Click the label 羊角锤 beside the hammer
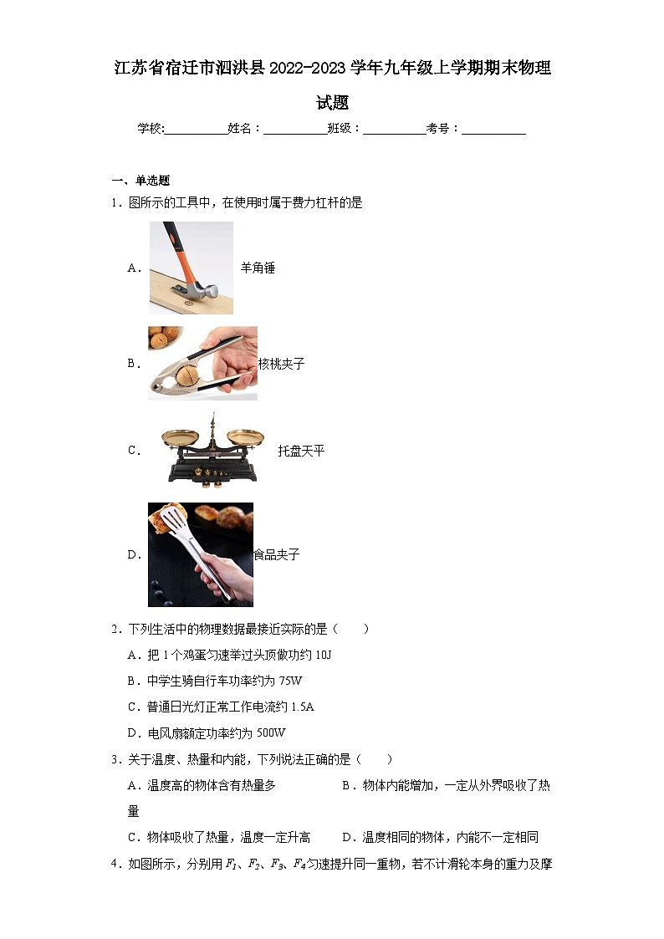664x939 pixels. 258,268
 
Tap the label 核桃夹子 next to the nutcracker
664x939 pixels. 281,365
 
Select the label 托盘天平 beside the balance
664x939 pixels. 301,451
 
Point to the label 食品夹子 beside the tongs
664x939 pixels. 277,554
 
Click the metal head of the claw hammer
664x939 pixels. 199,290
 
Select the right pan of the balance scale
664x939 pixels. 244,436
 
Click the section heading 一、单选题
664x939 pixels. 141,180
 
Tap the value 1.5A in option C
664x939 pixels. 301,707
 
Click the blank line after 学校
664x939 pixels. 197,129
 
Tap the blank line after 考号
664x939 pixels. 493,129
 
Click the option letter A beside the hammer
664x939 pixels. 132,268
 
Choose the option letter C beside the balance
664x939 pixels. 132,451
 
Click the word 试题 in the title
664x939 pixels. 332,103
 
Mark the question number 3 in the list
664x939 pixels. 115,759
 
